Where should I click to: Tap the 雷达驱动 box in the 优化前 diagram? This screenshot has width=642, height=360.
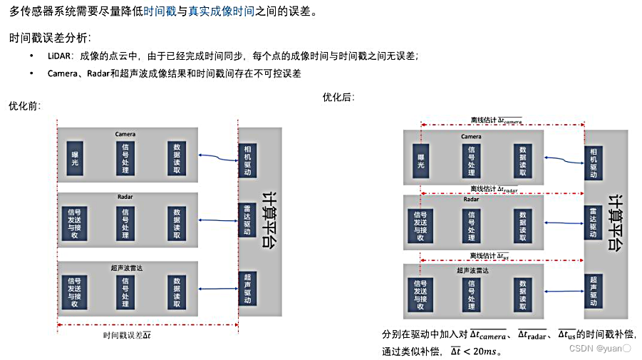pos(247,220)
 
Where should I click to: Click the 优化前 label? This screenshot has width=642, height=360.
pos(24,106)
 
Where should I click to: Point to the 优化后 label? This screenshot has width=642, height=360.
pos(338,97)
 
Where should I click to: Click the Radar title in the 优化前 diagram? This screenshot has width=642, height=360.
pos(125,199)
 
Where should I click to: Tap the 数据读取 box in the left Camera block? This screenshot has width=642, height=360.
pos(177,159)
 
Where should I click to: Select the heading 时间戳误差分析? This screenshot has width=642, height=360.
pos(51,37)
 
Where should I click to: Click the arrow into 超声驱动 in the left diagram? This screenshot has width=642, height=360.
pos(218,289)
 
